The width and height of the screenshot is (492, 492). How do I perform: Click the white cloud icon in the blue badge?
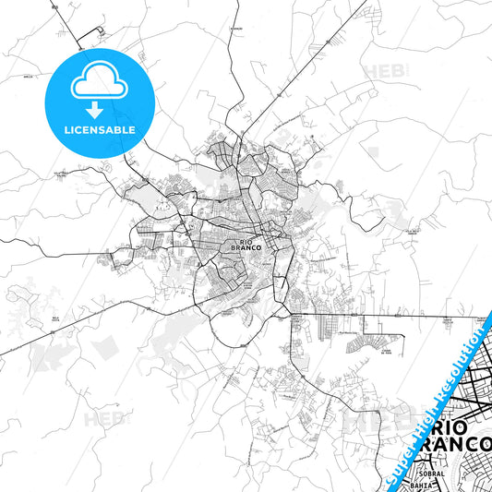(x=97, y=78)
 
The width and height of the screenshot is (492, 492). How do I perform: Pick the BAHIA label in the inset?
(x=425, y=485)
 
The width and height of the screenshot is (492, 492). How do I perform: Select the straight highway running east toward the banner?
(x=388, y=316)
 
